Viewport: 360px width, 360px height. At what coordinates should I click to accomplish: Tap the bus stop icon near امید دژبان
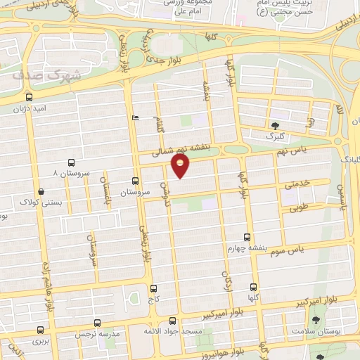[x=29, y=97]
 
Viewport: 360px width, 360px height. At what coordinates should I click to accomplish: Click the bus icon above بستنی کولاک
[x=41, y=191]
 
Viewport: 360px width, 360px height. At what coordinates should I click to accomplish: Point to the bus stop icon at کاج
[x=154, y=288]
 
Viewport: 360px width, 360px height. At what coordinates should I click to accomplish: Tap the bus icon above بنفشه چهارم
[x=246, y=237]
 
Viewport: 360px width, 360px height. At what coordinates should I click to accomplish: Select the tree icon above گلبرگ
[x=274, y=126]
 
